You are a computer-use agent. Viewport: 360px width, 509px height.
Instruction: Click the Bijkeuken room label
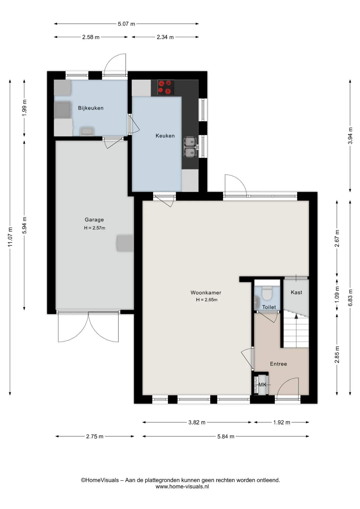click(91, 108)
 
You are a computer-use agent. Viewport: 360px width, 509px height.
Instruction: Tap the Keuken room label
click(165, 136)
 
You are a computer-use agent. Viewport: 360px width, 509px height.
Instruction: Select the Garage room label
click(94, 220)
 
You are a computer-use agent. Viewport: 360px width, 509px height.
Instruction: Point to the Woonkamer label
click(206, 293)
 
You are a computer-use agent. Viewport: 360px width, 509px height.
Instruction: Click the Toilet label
click(269, 307)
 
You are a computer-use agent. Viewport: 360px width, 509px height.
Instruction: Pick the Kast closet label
click(296, 292)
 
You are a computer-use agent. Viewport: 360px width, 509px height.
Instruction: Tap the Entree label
click(278, 364)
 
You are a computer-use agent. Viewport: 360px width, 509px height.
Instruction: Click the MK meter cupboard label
click(262, 385)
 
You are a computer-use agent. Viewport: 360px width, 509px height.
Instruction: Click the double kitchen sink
click(190, 147)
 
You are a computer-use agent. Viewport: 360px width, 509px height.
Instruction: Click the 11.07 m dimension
click(10, 237)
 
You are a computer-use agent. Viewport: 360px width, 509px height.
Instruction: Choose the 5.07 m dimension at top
click(126, 24)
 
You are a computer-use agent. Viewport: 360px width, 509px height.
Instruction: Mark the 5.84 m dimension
click(226, 436)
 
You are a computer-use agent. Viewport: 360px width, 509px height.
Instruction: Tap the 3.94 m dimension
click(350, 136)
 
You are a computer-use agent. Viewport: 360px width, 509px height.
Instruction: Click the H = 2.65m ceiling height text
click(207, 300)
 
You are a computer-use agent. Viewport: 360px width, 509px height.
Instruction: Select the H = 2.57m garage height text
click(95, 228)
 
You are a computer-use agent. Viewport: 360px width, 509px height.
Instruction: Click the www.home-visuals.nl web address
click(182, 486)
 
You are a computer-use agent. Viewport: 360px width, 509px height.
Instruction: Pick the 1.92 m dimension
click(282, 422)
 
